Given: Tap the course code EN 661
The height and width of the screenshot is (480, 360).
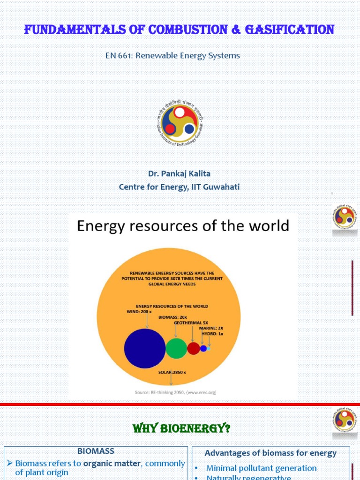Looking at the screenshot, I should coord(120,55).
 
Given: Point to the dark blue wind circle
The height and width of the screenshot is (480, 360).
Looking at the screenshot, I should coord(145,348).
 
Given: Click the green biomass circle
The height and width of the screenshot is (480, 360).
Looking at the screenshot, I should coord(176,348).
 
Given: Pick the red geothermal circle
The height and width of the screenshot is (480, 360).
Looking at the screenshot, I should coord(194,348).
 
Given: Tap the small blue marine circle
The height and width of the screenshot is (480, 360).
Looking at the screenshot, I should coord(203,348).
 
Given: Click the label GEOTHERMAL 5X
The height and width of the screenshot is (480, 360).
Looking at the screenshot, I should coord(191,323).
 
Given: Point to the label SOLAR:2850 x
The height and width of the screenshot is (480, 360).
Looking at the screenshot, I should coord(172,372).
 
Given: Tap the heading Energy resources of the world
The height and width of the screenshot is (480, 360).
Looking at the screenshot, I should coord(183,226).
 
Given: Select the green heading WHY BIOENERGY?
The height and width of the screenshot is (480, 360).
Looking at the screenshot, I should coord(182,428).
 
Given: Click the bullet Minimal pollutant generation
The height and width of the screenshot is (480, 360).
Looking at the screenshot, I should coord(262,468).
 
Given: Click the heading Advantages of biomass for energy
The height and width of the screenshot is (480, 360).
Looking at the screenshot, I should coord(270,453).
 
